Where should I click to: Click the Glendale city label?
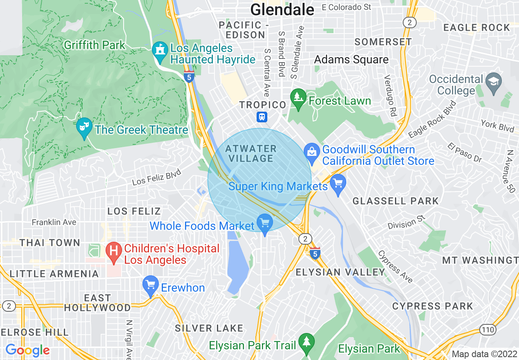click(x=282, y=9)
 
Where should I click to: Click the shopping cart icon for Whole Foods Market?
click(x=264, y=223)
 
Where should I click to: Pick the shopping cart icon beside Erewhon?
click(x=151, y=285)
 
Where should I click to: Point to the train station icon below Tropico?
click(x=262, y=117)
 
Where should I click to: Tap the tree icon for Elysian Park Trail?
click(x=306, y=342)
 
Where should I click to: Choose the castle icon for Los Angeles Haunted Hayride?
click(x=160, y=51)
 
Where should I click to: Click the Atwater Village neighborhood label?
click(x=251, y=153)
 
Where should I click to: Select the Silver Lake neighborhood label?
click(x=209, y=328)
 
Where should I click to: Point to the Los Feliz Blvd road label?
click(x=156, y=178)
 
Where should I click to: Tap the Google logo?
click(x=27, y=350)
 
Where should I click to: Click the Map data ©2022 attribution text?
click(x=484, y=354)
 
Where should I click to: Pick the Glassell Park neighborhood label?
click(x=395, y=201)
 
